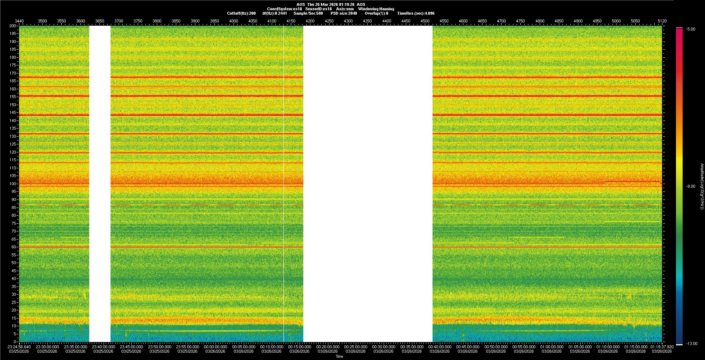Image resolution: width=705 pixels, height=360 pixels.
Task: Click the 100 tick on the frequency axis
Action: pyautogui.click(x=13, y=184)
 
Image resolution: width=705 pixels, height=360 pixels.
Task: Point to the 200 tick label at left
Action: pyautogui.click(x=13, y=26)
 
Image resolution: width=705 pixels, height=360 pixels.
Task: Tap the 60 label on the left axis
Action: pyautogui.click(x=14, y=247)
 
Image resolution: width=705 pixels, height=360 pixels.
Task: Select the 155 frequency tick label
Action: pyautogui.click(x=13, y=97)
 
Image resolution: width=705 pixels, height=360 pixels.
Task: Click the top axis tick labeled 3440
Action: pyautogui.click(x=19, y=21)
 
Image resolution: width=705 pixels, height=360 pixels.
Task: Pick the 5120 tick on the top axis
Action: pyautogui.click(x=662, y=21)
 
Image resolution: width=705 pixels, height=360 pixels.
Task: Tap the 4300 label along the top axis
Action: pyautogui.click(x=348, y=21)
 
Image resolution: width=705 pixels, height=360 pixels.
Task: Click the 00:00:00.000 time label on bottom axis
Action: pyautogui.click(x=216, y=346)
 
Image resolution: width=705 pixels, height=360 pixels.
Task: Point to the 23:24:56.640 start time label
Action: pyautogui.click(x=19, y=346)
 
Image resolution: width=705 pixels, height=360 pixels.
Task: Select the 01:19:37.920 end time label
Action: pyautogui.click(x=662, y=346)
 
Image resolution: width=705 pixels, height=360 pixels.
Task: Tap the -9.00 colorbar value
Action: pyautogui.click(x=691, y=186)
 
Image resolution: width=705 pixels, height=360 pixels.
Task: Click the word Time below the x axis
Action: pyautogui.click(x=339, y=356)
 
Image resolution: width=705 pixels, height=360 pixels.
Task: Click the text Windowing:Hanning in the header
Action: pyautogui.click(x=376, y=9)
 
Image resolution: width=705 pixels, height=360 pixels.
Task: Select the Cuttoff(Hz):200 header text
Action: pyautogui.click(x=241, y=13)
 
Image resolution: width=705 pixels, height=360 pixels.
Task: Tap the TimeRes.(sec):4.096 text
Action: pyautogui.click(x=416, y=13)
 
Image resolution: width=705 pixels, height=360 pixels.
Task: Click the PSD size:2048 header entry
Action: pyautogui.click(x=344, y=13)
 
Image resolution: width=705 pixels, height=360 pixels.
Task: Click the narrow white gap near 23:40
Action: pyautogui.click(x=100, y=184)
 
